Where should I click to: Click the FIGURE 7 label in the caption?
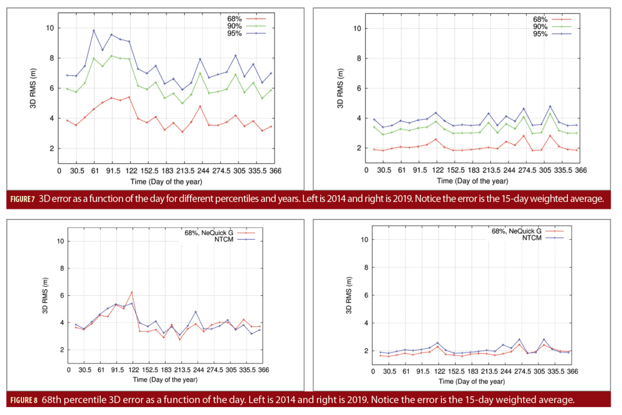(x=24, y=199)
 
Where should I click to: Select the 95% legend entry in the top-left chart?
(x=234, y=33)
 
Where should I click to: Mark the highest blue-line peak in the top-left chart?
(x=94, y=30)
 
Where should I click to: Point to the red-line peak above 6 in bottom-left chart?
(x=131, y=292)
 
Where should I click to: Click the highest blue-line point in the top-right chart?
(x=550, y=106)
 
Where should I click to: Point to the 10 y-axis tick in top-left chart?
(x=50, y=28)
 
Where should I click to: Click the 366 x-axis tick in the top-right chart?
(x=581, y=172)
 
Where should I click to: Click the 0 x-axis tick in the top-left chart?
(x=58, y=172)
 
